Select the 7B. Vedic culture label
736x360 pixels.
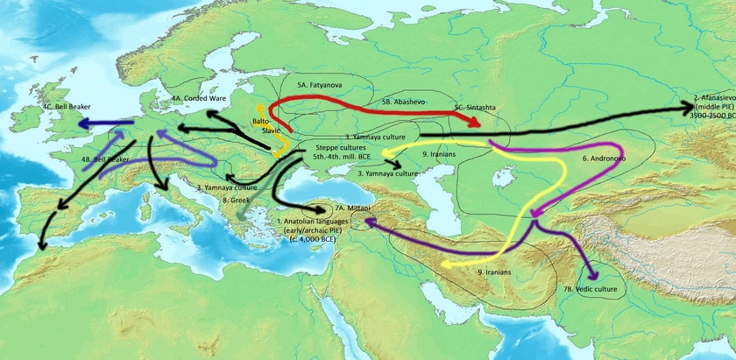(x=590, y=288)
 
